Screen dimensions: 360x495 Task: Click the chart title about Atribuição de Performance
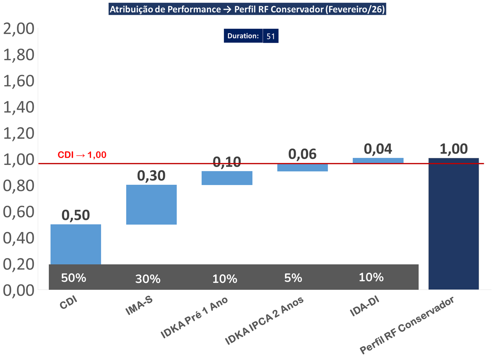(x=247, y=9)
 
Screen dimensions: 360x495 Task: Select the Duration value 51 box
(x=270, y=36)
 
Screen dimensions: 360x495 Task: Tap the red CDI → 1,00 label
(x=82, y=155)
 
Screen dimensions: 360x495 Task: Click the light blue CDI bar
(x=76, y=244)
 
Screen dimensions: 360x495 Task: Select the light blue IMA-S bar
(x=151, y=205)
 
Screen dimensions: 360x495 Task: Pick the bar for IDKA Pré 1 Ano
(x=227, y=178)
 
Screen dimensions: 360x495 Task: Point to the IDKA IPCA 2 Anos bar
(x=303, y=167)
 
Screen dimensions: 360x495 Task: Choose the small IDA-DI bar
(x=378, y=161)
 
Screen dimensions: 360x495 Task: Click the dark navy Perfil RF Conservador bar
(x=453, y=224)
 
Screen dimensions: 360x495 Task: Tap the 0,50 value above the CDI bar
(x=76, y=215)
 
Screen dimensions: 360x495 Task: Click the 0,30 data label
(x=151, y=175)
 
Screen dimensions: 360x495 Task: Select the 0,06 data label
(x=302, y=154)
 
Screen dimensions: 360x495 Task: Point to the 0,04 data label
(x=378, y=149)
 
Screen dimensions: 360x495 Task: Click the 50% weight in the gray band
(x=73, y=278)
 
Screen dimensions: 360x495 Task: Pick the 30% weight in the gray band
(x=148, y=279)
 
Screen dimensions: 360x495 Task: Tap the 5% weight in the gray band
(x=293, y=278)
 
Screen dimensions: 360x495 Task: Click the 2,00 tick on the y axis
(x=19, y=28)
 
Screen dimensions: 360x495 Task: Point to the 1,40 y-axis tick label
(x=19, y=107)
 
